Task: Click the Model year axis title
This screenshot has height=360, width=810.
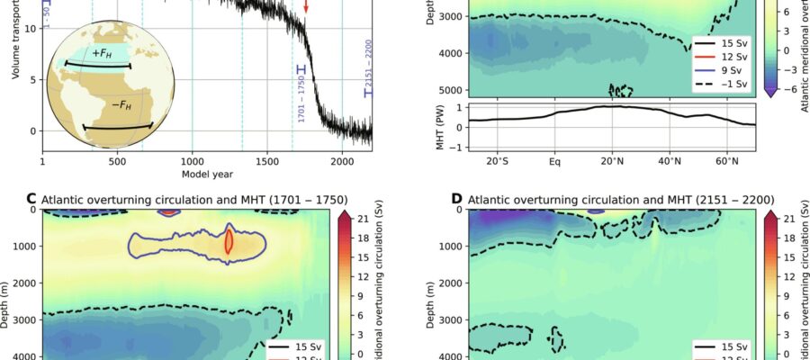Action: [207, 173]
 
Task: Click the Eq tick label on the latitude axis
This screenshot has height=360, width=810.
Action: [554, 162]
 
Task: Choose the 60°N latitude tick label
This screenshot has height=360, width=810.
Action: [727, 162]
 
